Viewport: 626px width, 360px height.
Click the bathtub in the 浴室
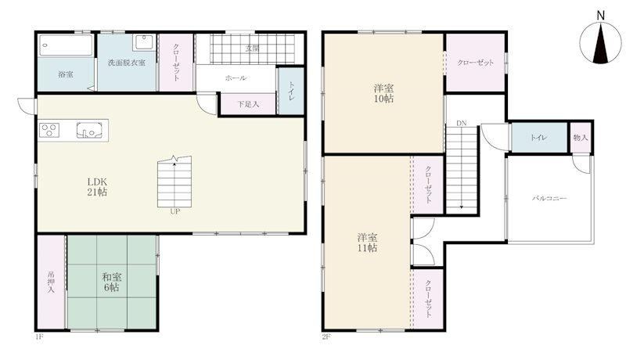[67, 45]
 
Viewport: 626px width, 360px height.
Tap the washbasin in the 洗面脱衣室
[144, 42]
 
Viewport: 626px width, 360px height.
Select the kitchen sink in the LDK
[89, 130]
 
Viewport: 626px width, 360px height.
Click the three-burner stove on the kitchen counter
[49, 130]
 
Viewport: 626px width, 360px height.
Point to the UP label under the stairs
[174, 211]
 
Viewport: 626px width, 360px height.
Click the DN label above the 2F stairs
[462, 124]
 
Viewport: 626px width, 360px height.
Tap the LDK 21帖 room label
[97, 187]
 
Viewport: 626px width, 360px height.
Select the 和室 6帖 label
[111, 282]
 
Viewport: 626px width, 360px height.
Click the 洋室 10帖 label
[383, 93]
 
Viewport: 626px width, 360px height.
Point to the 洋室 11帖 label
[367, 243]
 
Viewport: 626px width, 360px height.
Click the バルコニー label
[549, 198]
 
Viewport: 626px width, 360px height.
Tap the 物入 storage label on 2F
[581, 138]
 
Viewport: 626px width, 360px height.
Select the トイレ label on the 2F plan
[538, 138]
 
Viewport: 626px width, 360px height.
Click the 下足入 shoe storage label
[248, 104]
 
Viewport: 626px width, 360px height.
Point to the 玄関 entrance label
[252, 49]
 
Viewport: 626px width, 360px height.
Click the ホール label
[236, 78]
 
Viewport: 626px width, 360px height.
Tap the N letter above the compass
[600, 15]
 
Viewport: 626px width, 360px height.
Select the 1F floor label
[39, 337]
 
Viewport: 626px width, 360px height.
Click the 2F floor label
[326, 337]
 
